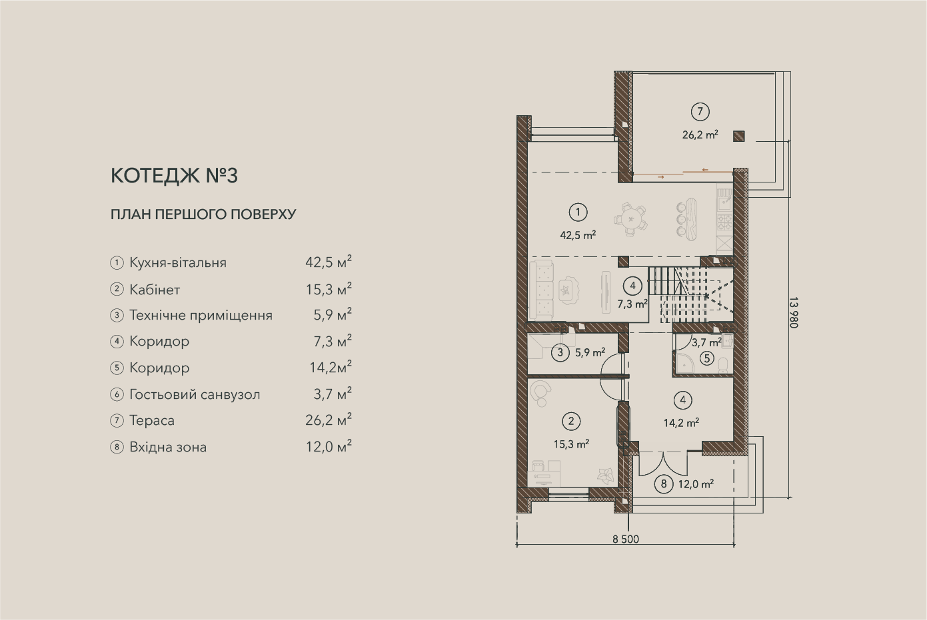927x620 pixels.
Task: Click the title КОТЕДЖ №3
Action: (174, 176)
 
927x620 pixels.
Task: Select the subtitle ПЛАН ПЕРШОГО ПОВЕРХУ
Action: (204, 214)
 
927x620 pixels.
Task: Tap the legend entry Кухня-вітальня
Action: (178, 262)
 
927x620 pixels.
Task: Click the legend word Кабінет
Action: (155, 290)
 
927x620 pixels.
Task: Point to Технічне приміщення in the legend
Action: (201, 316)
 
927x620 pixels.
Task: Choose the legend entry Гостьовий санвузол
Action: (195, 395)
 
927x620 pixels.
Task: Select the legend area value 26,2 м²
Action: (329, 420)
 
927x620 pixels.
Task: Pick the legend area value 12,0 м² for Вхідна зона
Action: (329, 446)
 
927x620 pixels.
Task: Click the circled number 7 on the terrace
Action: (700, 112)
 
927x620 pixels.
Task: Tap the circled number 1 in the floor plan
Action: (578, 212)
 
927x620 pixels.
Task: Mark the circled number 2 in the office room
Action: (571, 422)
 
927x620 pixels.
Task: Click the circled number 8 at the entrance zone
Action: (664, 484)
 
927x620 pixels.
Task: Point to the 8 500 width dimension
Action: (626, 539)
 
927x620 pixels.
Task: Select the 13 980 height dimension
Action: (793, 312)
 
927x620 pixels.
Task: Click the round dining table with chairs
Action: (630, 219)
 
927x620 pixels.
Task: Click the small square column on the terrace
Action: (738, 136)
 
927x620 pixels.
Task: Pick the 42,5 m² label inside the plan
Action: (578, 235)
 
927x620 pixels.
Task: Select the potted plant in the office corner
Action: (605, 475)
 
